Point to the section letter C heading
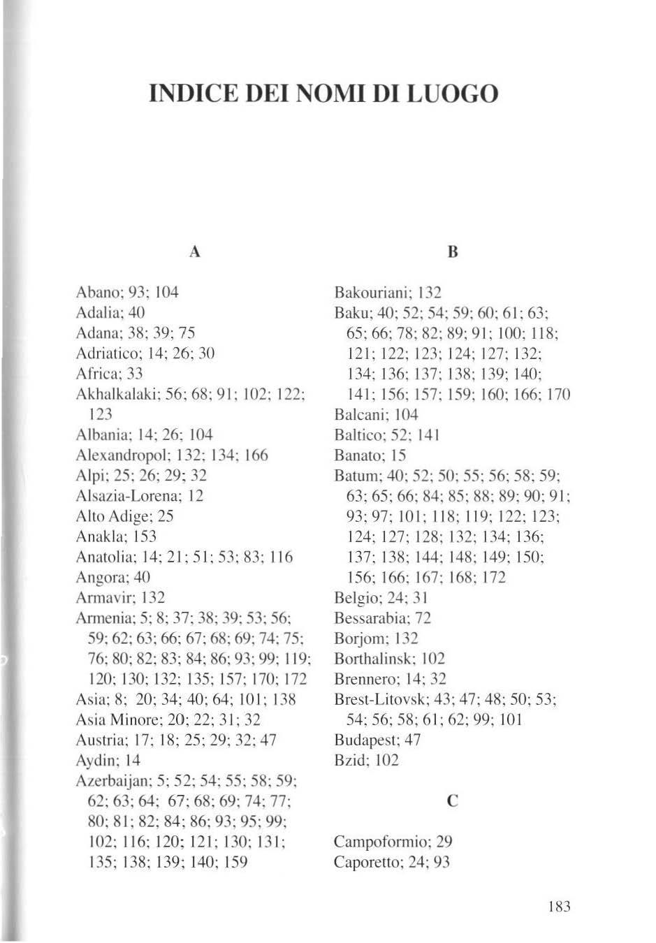pyautogui.click(x=453, y=801)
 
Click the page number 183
pyautogui.click(x=560, y=907)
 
